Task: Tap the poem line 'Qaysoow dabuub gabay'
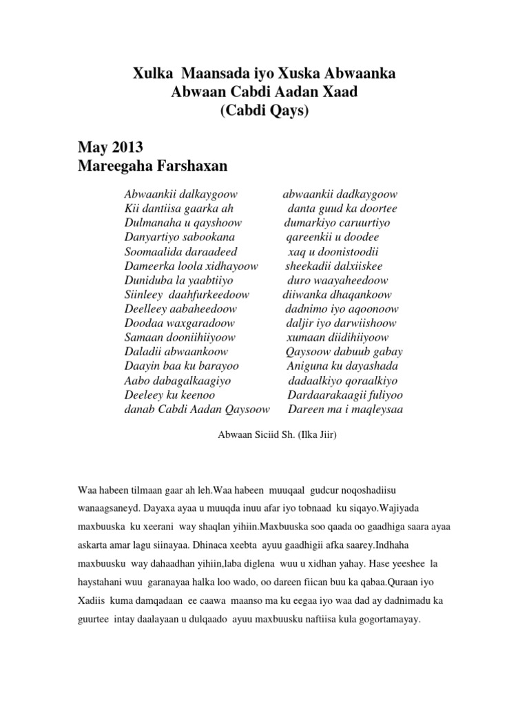pyautogui.click(x=344, y=352)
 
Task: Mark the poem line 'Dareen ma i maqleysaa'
pyautogui.click(x=346, y=409)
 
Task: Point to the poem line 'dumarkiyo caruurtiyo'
pyautogui.click(x=337, y=222)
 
